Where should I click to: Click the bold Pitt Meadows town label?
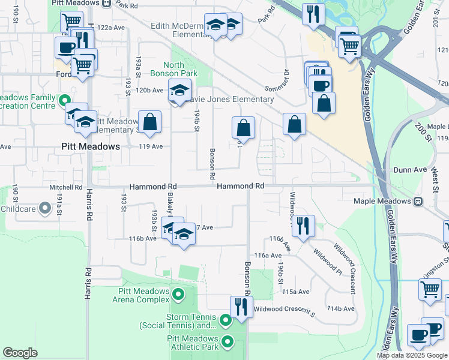[91, 146]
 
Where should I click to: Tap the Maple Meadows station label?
[382, 202]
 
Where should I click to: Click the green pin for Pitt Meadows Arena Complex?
[178, 295]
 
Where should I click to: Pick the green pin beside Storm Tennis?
[226, 320]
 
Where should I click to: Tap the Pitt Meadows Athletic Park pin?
[228, 342]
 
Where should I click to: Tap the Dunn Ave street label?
[411, 170]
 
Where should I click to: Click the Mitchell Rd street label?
[66, 187]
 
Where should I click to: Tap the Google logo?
[20, 353]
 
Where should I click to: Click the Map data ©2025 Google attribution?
[411, 355]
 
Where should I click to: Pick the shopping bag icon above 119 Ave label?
[149, 122]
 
